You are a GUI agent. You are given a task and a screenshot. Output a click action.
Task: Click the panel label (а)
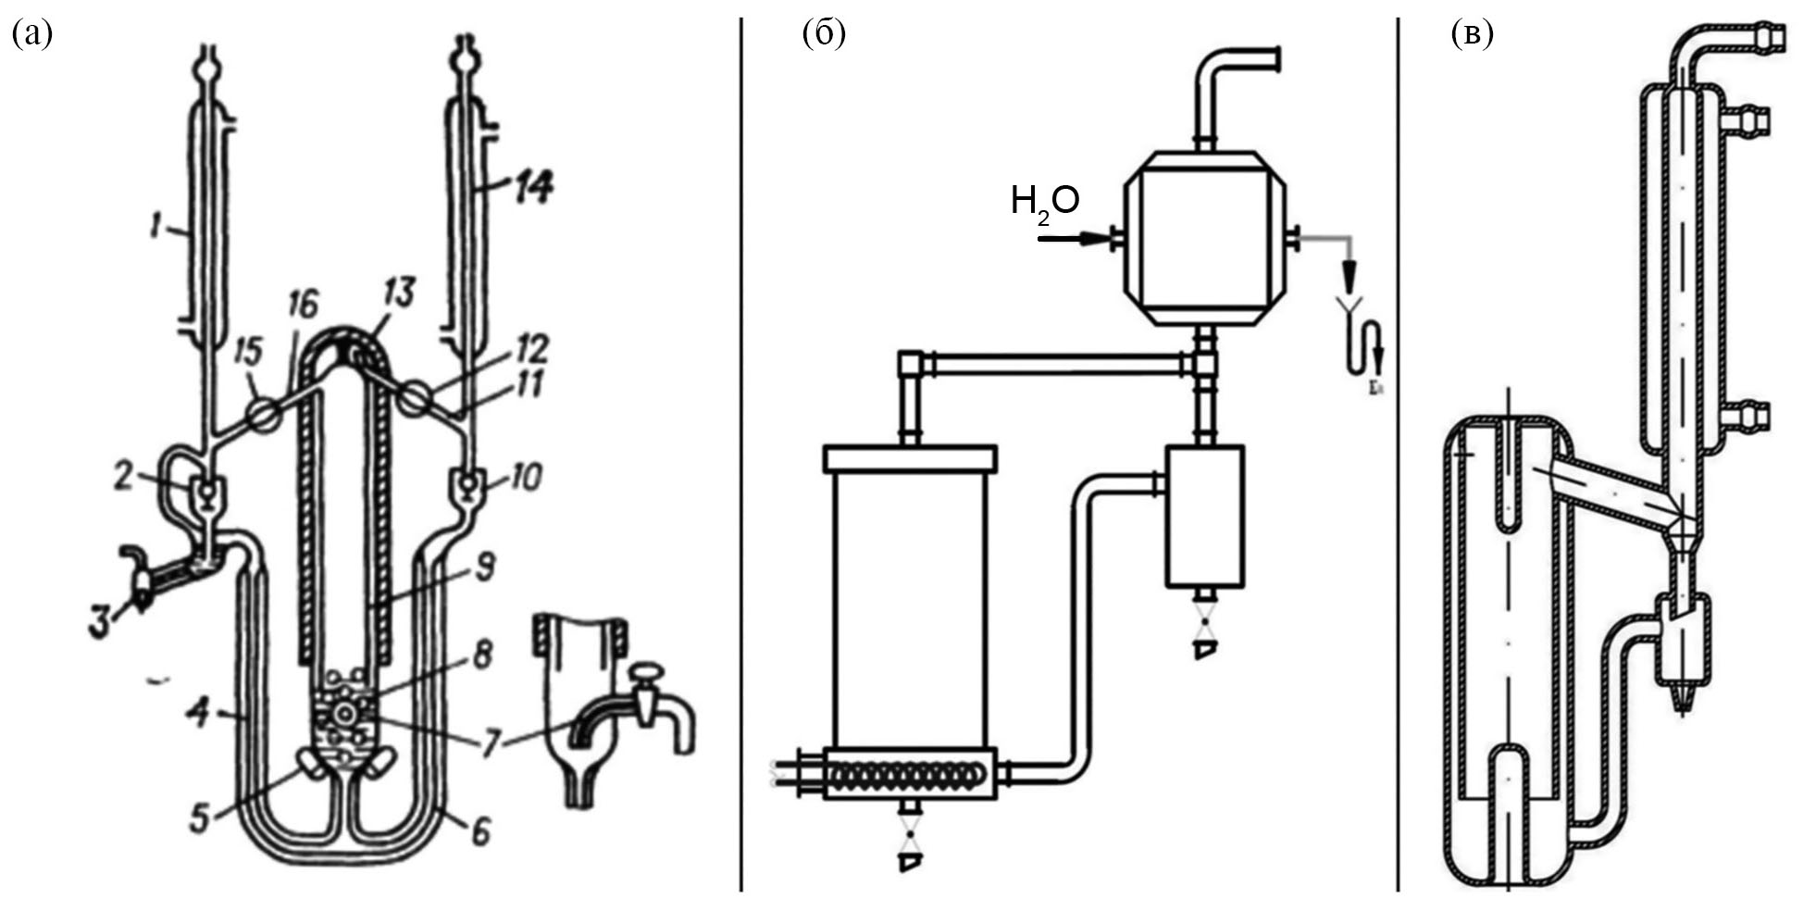click(x=31, y=34)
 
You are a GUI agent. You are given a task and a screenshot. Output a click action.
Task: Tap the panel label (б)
click(x=824, y=34)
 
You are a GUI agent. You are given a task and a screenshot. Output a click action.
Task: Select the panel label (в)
click(x=1472, y=34)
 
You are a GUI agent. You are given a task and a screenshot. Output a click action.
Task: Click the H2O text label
click(x=1045, y=201)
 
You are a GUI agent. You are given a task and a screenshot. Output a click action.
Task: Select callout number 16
click(x=303, y=305)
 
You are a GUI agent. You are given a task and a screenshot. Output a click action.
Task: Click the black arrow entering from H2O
click(x=1074, y=240)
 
